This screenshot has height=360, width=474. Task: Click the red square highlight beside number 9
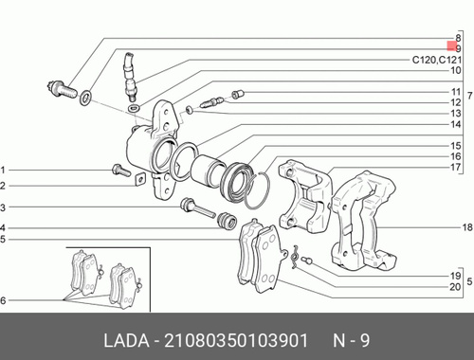tap(452, 45)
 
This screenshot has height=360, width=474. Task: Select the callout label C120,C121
tap(437, 60)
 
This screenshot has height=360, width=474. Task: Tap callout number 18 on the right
tap(467, 227)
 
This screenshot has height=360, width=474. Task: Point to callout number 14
tap(456, 124)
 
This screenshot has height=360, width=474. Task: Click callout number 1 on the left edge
tap(3, 171)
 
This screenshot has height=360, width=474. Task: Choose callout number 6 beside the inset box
tap(3, 300)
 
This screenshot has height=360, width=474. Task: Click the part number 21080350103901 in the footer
tap(236, 341)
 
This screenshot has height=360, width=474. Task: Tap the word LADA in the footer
tap(126, 341)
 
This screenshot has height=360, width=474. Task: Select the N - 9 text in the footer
tap(351, 341)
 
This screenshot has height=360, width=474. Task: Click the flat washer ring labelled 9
tap(85, 98)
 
